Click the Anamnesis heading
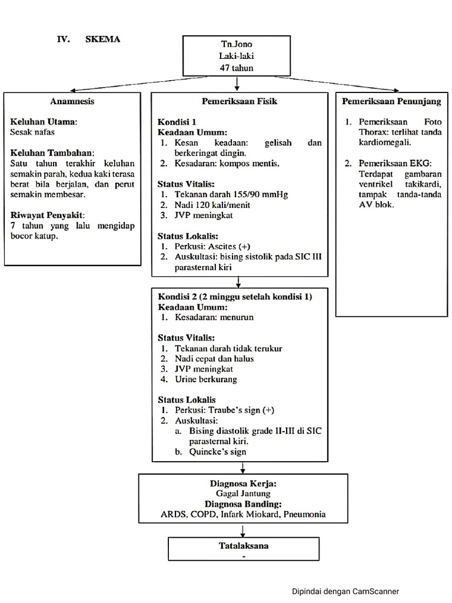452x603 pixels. pyautogui.click(x=72, y=101)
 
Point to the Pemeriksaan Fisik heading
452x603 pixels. pyautogui.click(x=240, y=101)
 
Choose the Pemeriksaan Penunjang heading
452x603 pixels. pyautogui.click(x=391, y=101)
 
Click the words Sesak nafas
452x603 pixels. pyautogui.click(x=32, y=132)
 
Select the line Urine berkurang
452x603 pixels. pyautogui.click(x=206, y=380)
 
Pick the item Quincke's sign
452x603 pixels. pyautogui.click(x=218, y=452)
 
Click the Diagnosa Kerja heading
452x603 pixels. pyautogui.click(x=243, y=483)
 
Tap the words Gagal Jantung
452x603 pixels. pyautogui.click(x=243, y=493)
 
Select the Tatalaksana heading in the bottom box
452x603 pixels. pyautogui.click(x=243, y=545)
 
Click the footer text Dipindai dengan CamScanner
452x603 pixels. pyautogui.click(x=349, y=591)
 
